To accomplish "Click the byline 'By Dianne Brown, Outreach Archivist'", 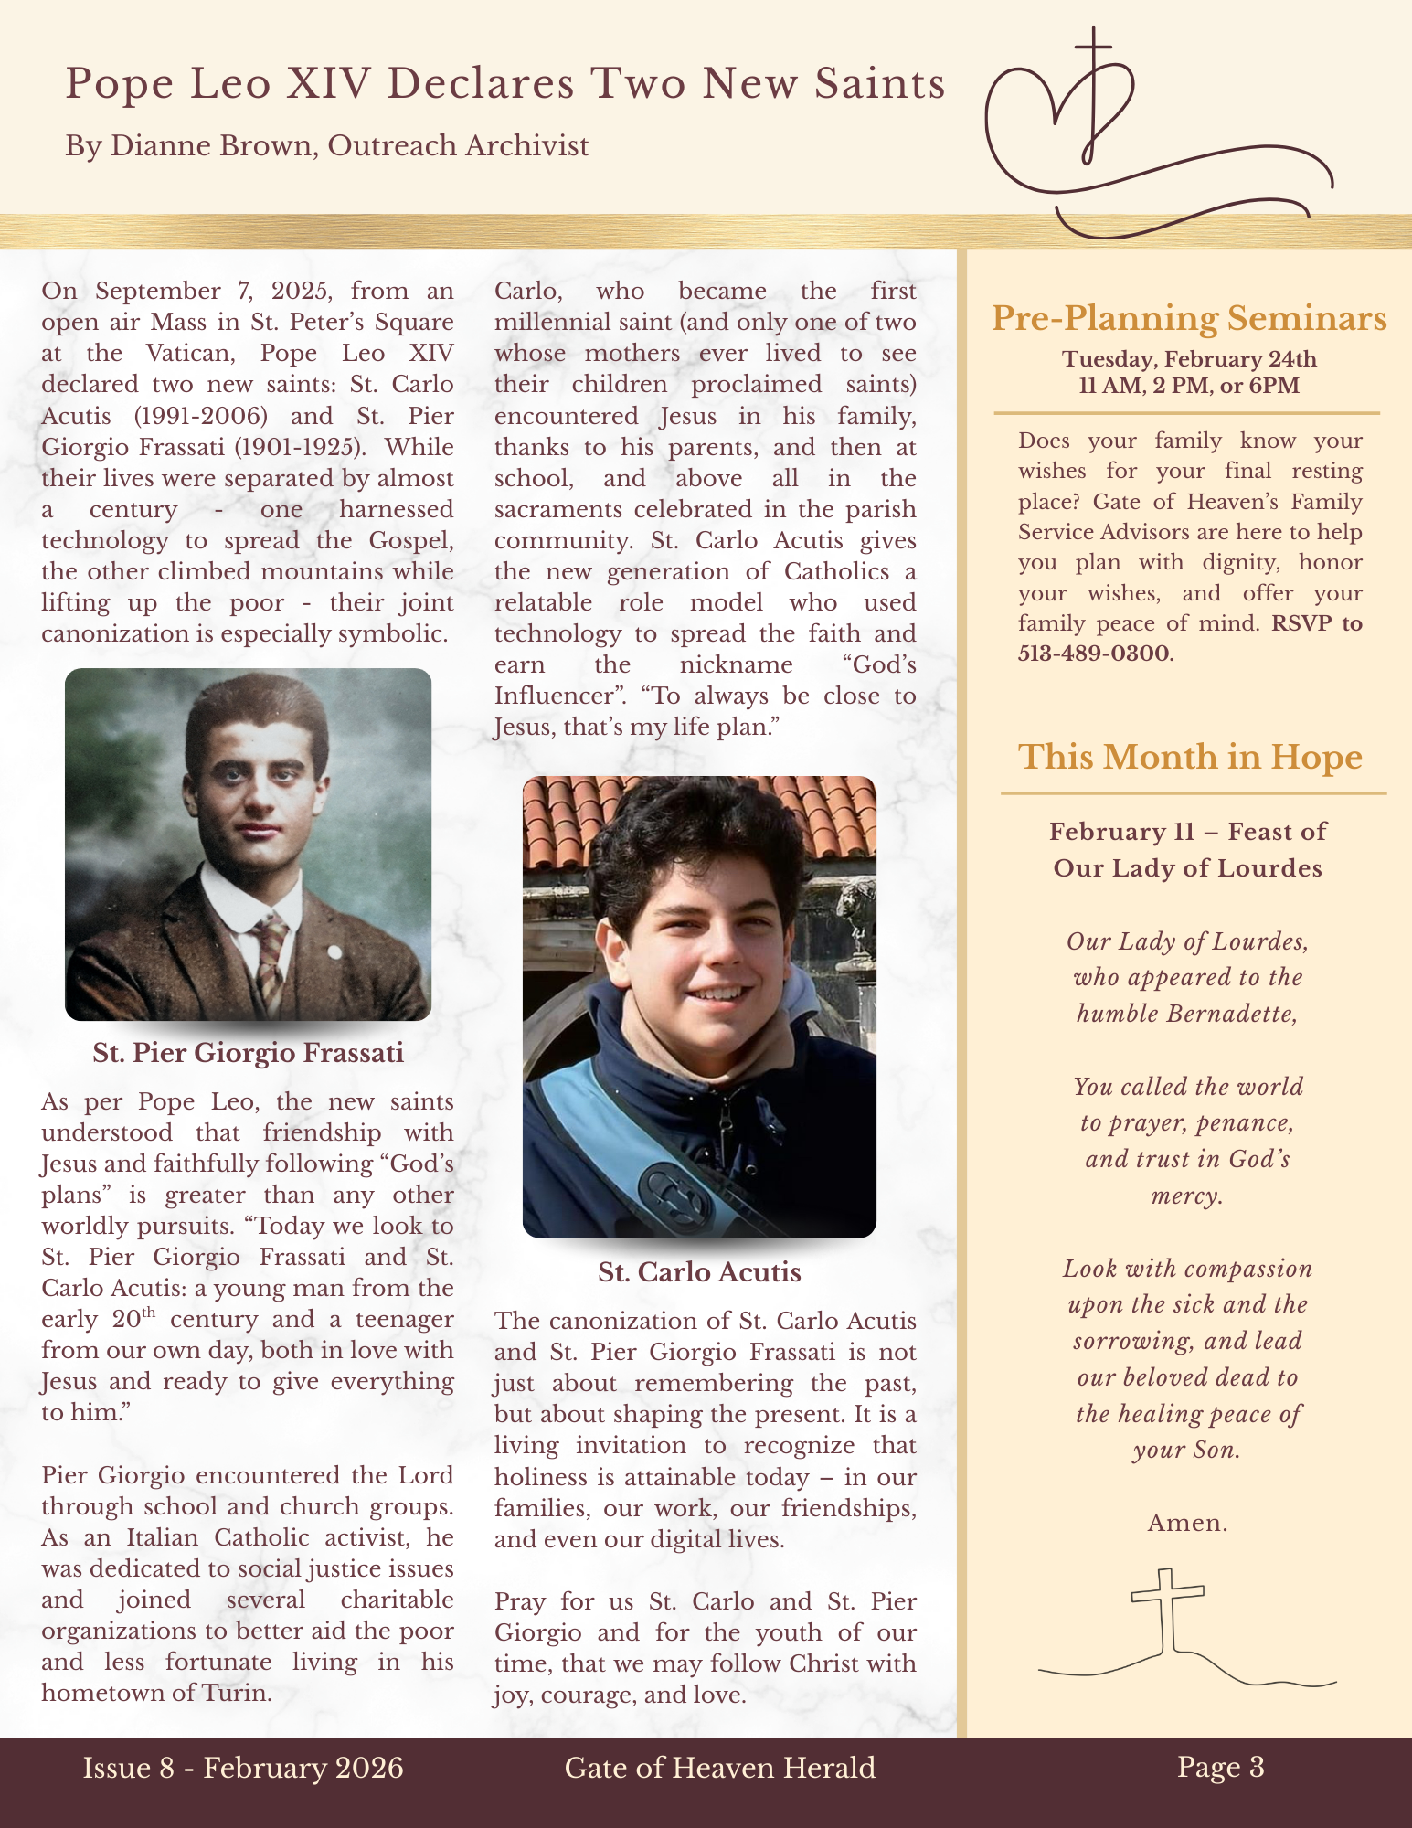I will click(326, 146).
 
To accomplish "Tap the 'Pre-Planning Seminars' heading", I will click(1189, 318).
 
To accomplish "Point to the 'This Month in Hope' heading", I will click(1190, 757).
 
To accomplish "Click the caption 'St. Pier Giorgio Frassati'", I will click(248, 1053).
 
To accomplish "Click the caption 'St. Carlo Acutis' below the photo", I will click(699, 1272).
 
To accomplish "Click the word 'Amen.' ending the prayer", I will click(1187, 1523).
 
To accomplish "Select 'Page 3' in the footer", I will click(1220, 1768).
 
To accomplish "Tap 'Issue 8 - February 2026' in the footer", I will click(243, 1769).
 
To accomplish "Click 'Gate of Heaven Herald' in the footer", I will click(720, 1769).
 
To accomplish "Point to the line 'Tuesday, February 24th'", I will click(1189, 359).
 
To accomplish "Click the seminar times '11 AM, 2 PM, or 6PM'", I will click(1189, 385).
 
